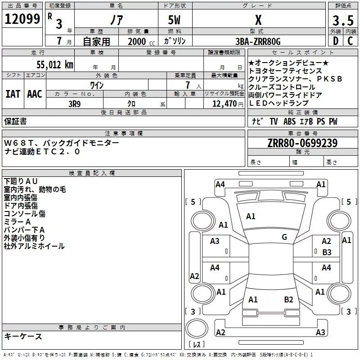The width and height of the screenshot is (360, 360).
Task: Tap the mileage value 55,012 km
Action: pos(50,64)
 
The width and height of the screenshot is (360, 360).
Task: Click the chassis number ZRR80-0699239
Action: pos(302,144)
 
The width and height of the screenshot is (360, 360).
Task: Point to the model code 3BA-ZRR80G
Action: pos(258,41)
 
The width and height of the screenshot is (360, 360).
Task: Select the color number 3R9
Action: pos(75,103)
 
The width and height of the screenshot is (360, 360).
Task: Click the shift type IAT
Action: pos(13,94)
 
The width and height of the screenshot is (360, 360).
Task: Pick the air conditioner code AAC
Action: pos(34,94)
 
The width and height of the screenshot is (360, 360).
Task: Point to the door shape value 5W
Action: pos(175,20)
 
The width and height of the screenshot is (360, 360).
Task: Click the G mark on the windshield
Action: pos(284,237)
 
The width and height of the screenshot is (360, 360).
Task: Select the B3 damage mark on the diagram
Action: pos(327,252)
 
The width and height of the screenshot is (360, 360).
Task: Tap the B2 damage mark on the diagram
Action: pos(288,299)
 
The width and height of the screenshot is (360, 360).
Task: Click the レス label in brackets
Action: pos(196,345)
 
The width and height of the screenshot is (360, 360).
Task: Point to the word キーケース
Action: pos(23,336)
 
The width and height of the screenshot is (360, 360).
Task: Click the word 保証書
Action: pos(15,121)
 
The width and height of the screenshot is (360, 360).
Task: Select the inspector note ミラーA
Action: pos(17,222)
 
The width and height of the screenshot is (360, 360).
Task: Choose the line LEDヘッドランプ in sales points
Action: pos(279,103)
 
